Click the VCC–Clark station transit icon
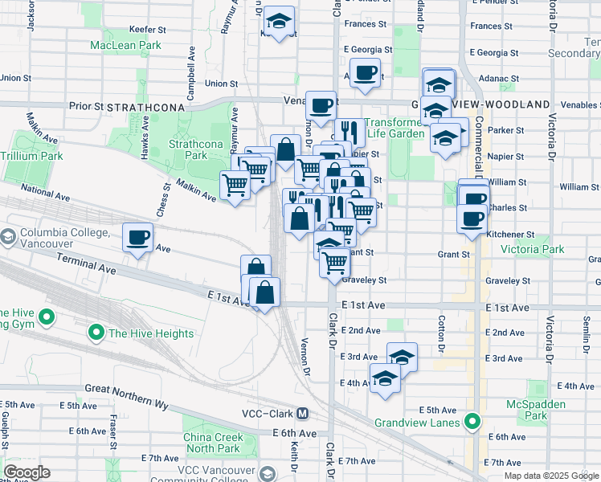[302, 414]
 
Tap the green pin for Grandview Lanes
[473, 422]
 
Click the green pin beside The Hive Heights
[96, 333]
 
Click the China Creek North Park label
[211, 443]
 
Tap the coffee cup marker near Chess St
[137, 237]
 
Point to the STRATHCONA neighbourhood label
[145, 106]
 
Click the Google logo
[27, 472]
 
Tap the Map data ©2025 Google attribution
[551, 476]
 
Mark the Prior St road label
[86, 105]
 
